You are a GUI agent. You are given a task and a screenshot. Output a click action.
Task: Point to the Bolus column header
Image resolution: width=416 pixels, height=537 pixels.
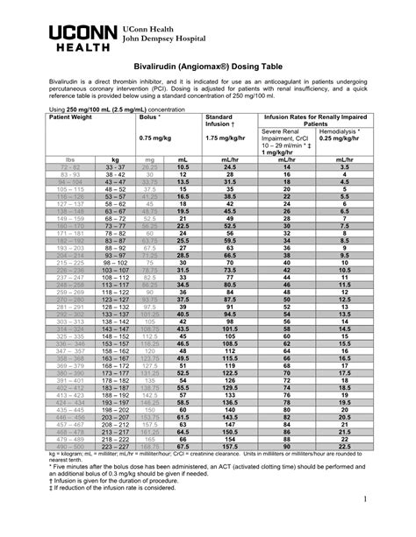click(150, 116)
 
